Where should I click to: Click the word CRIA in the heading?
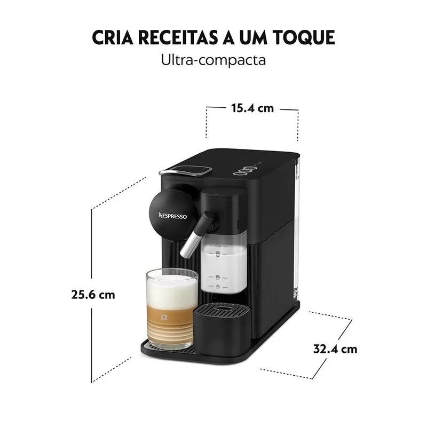coord(113,37)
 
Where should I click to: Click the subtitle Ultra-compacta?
coord(213,60)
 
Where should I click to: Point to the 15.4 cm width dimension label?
coord(252,108)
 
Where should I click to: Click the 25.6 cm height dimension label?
coord(93,295)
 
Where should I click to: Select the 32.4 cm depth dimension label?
coord(335,349)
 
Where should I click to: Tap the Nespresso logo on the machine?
coord(172,216)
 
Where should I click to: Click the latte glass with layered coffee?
coord(172,309)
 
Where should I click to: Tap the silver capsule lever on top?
coord(186,171)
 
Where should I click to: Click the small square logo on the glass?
coord(164,317)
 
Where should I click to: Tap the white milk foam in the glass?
coord(172,289)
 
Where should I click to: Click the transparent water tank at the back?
coord(297,232)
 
